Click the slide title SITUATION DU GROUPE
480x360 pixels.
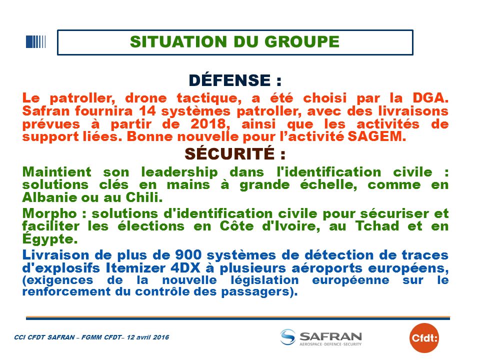click(235, 42)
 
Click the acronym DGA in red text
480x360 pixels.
click(430, 98)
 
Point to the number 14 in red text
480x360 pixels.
click(147, 111)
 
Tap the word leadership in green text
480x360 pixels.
click(179, 172)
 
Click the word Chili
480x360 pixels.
click(144, 197)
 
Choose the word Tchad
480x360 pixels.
click(377, 226)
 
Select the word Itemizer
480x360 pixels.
click(136, 268)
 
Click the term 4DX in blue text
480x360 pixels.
click(185, 268)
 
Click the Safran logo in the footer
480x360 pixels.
click(321, 337)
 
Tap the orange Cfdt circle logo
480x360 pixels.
click(424, 338)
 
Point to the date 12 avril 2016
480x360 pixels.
click(148, 337)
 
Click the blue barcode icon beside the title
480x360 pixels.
click(36, 42)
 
